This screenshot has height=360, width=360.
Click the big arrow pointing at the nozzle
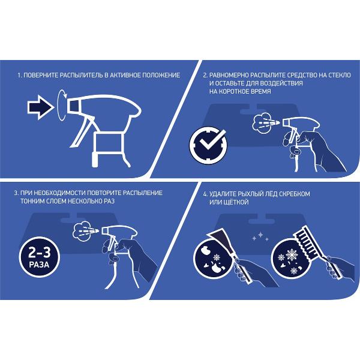[40, 107]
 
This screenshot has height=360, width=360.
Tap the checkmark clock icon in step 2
[208, 145]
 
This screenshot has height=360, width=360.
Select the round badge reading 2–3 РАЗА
[39, 257]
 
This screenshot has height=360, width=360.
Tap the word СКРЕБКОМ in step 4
[295, 194]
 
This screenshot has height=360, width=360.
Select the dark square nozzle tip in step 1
[74, 106]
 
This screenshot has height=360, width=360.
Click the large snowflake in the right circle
[292, 254]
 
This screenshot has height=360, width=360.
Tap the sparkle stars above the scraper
[260, 236]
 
